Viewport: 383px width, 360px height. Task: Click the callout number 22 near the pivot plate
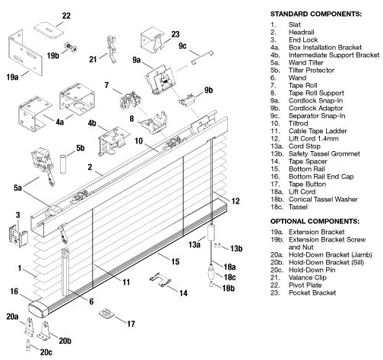click(66, 16)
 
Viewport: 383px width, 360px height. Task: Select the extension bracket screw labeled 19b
click(71, 47)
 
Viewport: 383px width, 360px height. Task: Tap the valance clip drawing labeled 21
click(111, 49)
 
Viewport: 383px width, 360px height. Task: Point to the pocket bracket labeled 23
click(151, 41)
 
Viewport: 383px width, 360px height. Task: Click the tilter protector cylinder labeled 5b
click(63, 164)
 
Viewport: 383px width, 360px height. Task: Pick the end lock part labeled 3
click(18, 235)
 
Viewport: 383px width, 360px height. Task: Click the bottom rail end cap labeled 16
click(39, 308)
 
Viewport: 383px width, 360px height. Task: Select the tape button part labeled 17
click(106, 314)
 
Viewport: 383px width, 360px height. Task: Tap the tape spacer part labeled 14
click(160, 279)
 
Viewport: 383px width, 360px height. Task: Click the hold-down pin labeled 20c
click(28, 346)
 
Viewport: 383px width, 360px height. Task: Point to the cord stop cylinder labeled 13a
click(211, 232)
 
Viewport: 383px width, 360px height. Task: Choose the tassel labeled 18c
click(211, 271)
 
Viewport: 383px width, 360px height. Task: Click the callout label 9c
click(182, 46)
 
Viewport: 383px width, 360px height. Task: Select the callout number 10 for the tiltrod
click(139, 141)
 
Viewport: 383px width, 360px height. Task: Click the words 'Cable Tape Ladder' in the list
click(318, 131)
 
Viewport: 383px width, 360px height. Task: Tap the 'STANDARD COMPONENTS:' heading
click(316, 14)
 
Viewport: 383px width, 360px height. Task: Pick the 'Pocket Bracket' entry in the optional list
click(312, 292)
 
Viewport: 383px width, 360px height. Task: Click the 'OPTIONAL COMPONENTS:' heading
click(315, 221)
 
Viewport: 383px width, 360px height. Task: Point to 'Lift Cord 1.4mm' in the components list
click(314, 138)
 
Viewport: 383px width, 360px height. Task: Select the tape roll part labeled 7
click(131, 101)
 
